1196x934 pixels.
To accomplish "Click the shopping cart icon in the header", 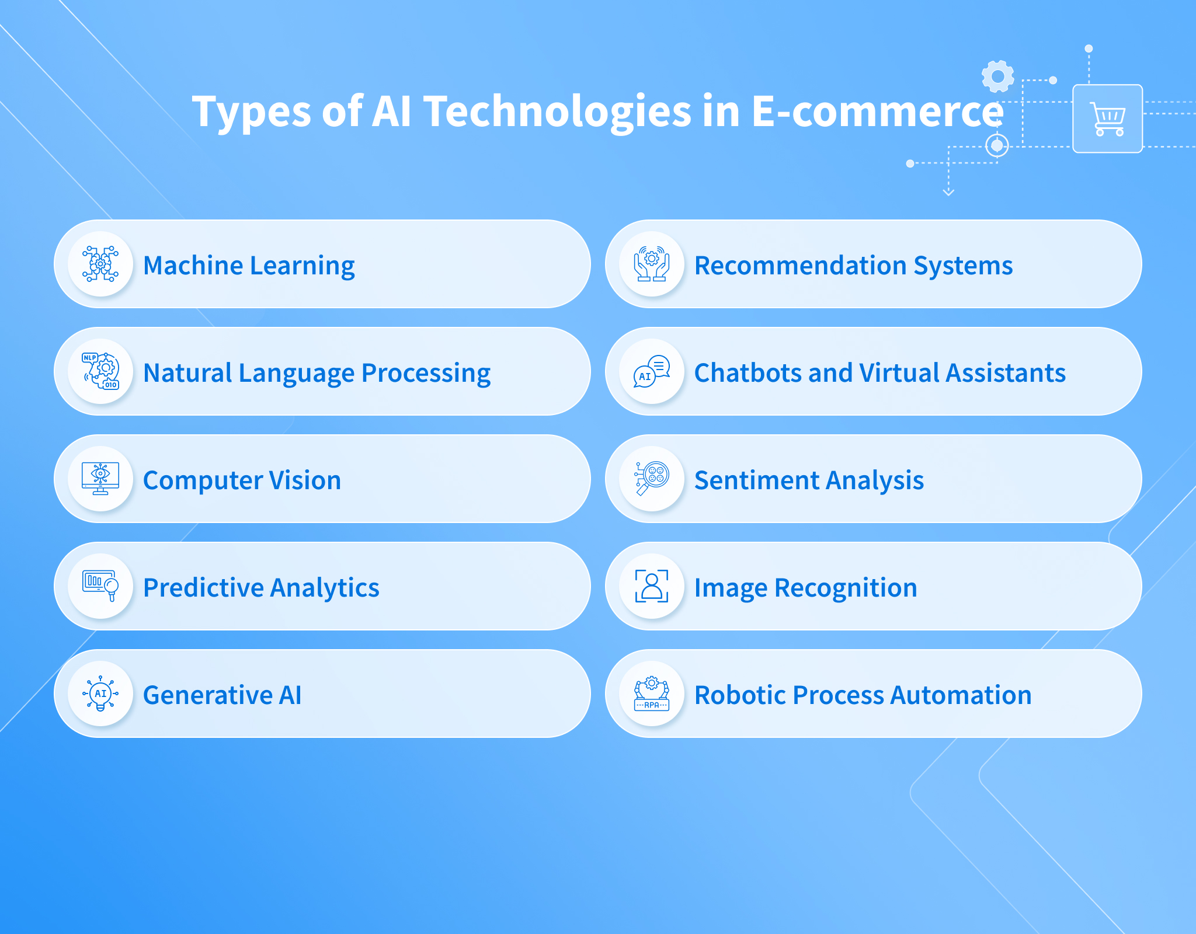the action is tap(1108, 119).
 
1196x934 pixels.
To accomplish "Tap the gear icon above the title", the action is tap(997, 76).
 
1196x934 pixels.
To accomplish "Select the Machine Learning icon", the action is tap(100, 264).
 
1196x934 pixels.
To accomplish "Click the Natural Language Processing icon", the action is tap(100, 371).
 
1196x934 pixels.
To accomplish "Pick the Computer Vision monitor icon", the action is tap(100, 479).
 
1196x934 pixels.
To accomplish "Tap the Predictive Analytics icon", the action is tap(100, 586).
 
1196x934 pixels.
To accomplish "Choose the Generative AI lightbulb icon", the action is tap(100, 693).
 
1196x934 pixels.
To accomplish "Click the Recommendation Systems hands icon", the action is tap(652, 264).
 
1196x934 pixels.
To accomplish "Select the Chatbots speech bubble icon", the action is tap(652, 371).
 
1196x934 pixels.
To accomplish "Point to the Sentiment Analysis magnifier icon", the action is tap(652, 479).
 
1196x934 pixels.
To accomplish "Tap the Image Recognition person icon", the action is tap(652, 586).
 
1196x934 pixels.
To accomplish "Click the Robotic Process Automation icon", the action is tap(652, 693).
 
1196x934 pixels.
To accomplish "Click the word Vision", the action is tap(304, 480).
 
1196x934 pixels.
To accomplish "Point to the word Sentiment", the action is tap(757, 480).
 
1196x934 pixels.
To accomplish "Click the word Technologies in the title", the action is tap(557, 112).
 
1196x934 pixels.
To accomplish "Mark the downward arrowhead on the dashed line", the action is tap(948, 191).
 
